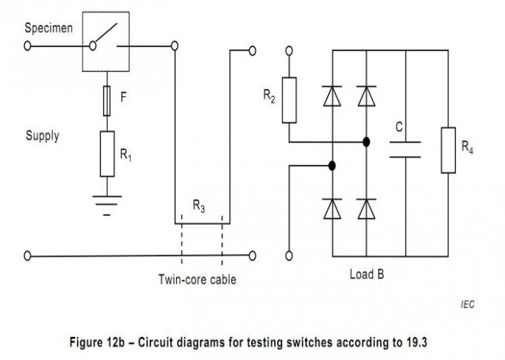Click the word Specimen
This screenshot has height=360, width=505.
tap(47, 28)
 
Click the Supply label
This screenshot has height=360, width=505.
tap(42, 136)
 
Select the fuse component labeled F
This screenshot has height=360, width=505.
tap(107, 100)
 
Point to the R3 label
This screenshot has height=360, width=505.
tap(199, 207)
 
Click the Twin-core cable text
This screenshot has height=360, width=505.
tap(198, 280)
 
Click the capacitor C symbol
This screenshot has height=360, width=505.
tap(405, 149)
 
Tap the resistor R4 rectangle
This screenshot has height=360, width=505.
tap(448, 150)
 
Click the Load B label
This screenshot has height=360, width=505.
tap(366, 273)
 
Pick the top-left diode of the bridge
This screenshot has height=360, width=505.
tap(331, 96)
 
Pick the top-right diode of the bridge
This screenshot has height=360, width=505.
tap(365, 96)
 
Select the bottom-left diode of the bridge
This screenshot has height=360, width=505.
tap(331, 210)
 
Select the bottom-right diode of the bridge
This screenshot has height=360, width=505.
tap(365, 210)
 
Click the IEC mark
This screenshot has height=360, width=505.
tap(466, 304)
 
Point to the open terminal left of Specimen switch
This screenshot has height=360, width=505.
tap(28, 45)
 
